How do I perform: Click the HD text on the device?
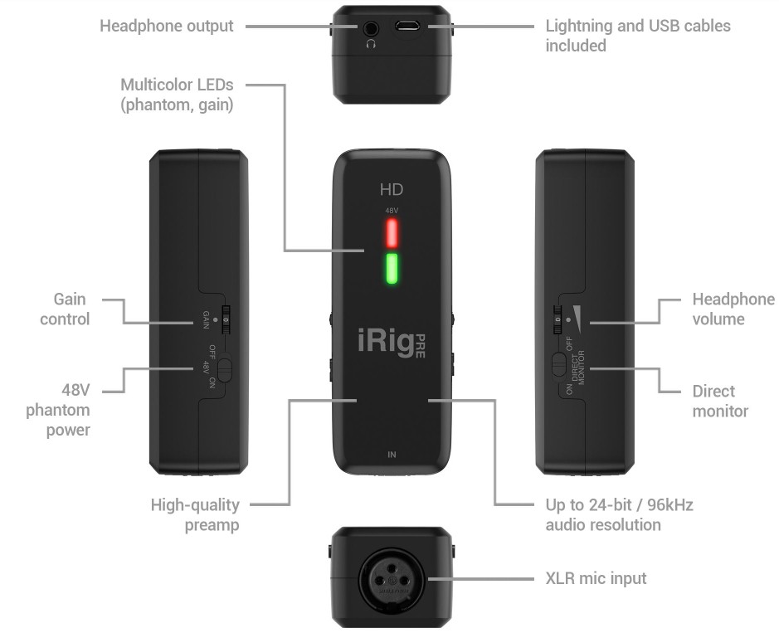[x=392, y=189]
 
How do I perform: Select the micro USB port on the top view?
[x=407, y=27]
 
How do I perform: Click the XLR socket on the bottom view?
[x=392, y=579]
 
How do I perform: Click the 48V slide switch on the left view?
[x=225, y=365]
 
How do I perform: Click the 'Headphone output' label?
[x=166, y=26]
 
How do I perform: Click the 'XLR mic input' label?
[x=596, y=578]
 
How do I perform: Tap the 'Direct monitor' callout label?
[x=720, y=400]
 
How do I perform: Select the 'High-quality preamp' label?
[x=195, y=514]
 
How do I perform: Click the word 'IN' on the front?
[x=392, y=455]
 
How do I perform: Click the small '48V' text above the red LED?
[x=392, y=211]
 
